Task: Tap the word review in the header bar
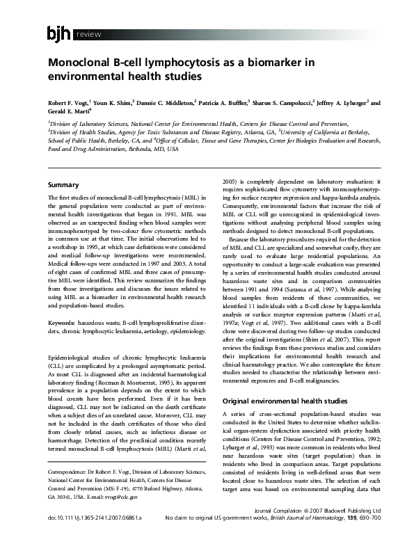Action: click(88, 34)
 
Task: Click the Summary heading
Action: click(63, 185)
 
